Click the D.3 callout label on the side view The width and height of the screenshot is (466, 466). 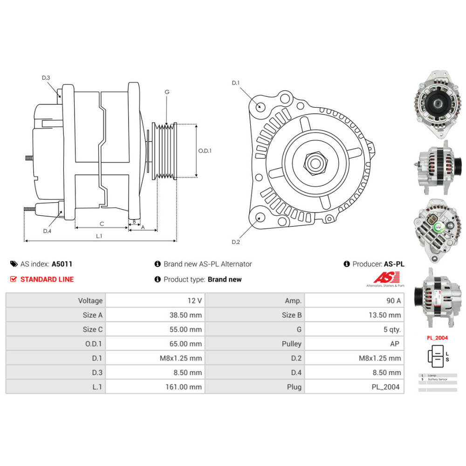(x=46, y=78)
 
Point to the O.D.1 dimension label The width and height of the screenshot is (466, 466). (x=205, y=151)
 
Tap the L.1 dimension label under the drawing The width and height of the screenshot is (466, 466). (x=99, y=236)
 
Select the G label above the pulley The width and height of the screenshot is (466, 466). (x=167, y=92)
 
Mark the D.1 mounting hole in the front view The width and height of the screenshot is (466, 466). (x=260, y=107)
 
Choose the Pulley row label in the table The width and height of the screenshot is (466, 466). (x=292, y=344)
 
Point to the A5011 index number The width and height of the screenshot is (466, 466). (x=62, y=264)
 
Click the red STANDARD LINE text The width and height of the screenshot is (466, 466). (x=47, y=279)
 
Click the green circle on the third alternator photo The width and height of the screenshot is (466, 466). (x=439, y=227)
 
